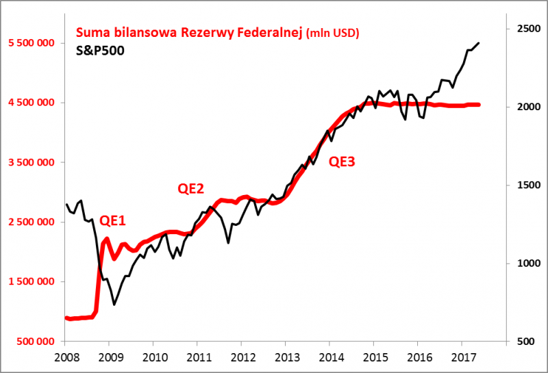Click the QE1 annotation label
coord(113,220)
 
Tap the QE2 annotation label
coord(191,190)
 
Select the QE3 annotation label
coord(342,162)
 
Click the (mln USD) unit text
coord(333,34)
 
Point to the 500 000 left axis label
coord(36,341)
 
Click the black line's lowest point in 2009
coord(114,305)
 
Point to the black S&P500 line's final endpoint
coord(478,42)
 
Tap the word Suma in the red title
coord(92,33)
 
